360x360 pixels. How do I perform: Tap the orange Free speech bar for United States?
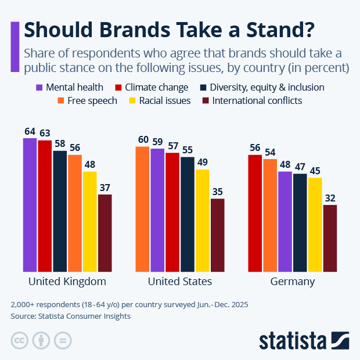point(143,209)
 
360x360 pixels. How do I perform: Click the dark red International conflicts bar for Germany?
point(330,238)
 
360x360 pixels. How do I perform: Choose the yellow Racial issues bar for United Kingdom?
point(90,221)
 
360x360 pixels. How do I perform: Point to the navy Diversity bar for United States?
point(188,214)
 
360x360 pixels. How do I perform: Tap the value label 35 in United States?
point(217,192)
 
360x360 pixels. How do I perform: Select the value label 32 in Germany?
point(330,198)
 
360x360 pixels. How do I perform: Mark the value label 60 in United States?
point(143,139)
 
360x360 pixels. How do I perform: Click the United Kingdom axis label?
point(67,282)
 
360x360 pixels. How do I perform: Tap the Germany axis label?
point(293,282)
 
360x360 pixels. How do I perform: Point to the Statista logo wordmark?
point(293,340)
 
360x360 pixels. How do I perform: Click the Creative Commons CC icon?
point(19,340)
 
